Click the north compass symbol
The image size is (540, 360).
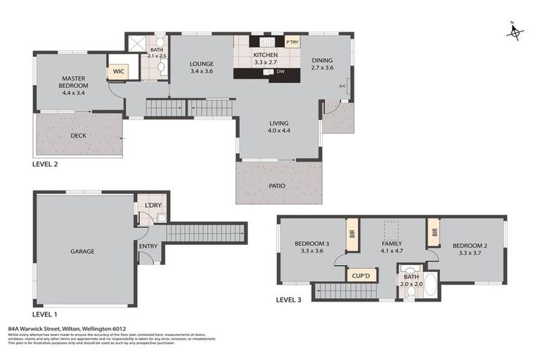(x=515, y=32)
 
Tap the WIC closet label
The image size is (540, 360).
(x=117, y=72)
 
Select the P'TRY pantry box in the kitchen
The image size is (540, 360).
(x=292, y=41)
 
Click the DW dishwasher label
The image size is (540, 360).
(x=281, y=72)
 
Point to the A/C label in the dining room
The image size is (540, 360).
(x=342, y=86)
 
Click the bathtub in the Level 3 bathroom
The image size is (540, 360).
(x=430, y=285)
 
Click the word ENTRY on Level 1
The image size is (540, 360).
(x=148, y=246)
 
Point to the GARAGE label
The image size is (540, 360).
(x=82, y=251)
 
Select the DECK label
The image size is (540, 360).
(x=79, y=136)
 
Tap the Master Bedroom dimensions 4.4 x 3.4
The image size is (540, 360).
(x=73, y=93)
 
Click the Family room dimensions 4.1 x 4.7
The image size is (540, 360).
(x=392, y=251)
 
